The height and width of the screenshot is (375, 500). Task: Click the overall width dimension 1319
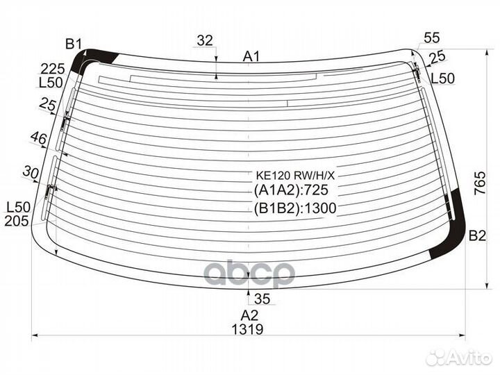247,329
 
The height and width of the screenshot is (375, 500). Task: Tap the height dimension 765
480,183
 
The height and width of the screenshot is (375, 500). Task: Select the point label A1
251,56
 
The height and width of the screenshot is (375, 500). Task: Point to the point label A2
249,315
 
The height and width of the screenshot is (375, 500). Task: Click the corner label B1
74,44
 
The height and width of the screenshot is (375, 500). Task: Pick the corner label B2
477,235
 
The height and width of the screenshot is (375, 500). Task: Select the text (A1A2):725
291,190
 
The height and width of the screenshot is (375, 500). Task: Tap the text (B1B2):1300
295,208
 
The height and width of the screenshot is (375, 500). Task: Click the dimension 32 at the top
205,40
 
